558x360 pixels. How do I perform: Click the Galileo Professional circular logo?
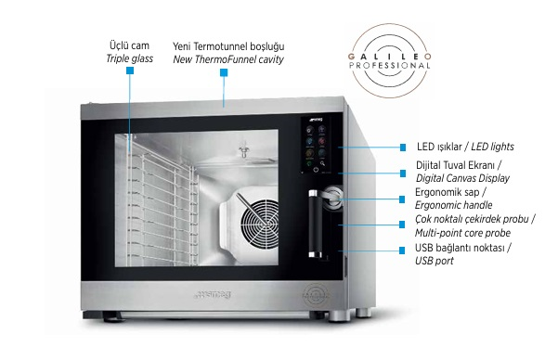(390, 60)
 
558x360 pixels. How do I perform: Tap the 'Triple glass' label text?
(130, 58)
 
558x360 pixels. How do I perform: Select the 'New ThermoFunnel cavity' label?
(228, 59)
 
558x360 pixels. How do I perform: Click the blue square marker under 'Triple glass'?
(130, 71)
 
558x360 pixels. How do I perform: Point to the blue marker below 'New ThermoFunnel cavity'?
(224, 73)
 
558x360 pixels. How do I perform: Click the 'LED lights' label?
(492, 147)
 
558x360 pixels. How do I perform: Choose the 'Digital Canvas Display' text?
(462, 178)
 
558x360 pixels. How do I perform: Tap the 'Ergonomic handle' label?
(454, 205)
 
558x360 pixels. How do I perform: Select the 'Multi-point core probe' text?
(462, 233)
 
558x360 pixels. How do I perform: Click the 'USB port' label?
(435, 261)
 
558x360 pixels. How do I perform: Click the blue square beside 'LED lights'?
(403, 148)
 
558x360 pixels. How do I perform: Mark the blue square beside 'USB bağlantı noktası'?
(402, 251)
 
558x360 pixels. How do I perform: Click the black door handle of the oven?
(313, 223)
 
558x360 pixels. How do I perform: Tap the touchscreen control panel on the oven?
(315, 145)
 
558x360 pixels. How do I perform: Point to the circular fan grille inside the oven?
(259, 223)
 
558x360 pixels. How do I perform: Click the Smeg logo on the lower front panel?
(213, 294)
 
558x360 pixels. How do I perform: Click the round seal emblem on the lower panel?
(316, 295)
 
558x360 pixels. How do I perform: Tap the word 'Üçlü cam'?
(129, 45)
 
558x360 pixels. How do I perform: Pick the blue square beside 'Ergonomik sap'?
(402, 199)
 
